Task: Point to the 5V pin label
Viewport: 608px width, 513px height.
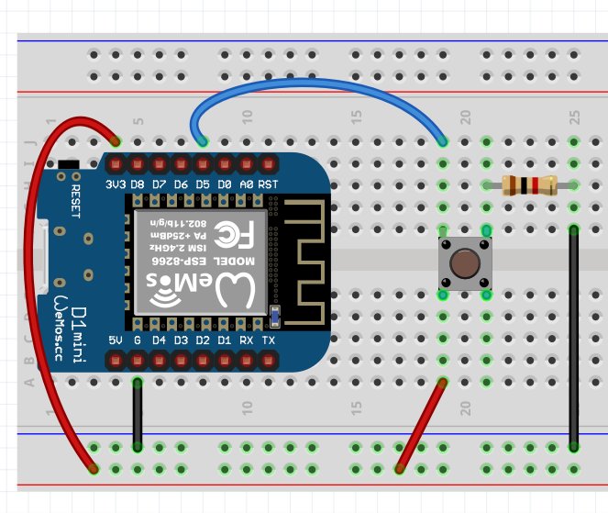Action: pos(116,340)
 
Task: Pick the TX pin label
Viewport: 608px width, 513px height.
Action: pos(268,340)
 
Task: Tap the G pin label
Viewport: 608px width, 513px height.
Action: pos(138,340)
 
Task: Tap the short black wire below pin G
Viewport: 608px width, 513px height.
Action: pos(138,414)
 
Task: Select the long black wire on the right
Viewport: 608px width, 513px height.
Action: pos(574,340)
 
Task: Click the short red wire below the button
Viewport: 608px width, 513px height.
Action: pos(421,427)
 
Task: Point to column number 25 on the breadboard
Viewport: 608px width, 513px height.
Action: pos(574,117)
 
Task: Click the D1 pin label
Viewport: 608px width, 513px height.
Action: pos(225,340)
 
